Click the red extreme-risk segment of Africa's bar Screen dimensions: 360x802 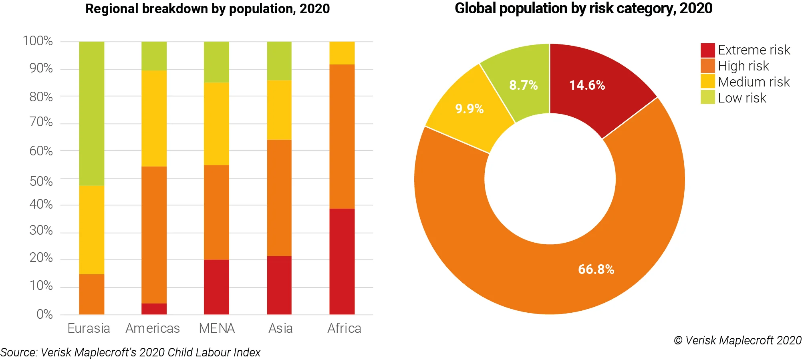point(342,261)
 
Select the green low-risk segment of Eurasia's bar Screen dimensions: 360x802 point(91,113)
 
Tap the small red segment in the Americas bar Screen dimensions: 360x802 point(154,309)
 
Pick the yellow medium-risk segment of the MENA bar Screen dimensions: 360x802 point(216,124)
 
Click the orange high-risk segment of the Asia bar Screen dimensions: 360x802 point(279,198)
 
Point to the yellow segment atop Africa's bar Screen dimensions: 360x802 point(342,53)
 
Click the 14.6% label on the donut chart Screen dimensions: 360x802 point(587,85)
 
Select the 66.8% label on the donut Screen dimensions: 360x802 point(596,269)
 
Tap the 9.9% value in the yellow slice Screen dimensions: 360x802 point(469,109)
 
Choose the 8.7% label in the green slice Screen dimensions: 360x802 point(523,85)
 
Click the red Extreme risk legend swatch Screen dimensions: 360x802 point(707,50)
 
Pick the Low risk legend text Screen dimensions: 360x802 point(742,98)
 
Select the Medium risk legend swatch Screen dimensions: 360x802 point(707,81)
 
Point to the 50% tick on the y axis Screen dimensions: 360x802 point(41,181)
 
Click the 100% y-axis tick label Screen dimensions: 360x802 point(38,41)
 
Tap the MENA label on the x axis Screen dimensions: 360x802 point(217,328)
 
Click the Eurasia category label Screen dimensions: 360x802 point(89,328)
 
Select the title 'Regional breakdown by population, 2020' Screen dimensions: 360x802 point(208,9)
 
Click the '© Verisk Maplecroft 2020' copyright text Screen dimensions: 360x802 point(738,340)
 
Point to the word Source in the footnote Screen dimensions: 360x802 point(19,352)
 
